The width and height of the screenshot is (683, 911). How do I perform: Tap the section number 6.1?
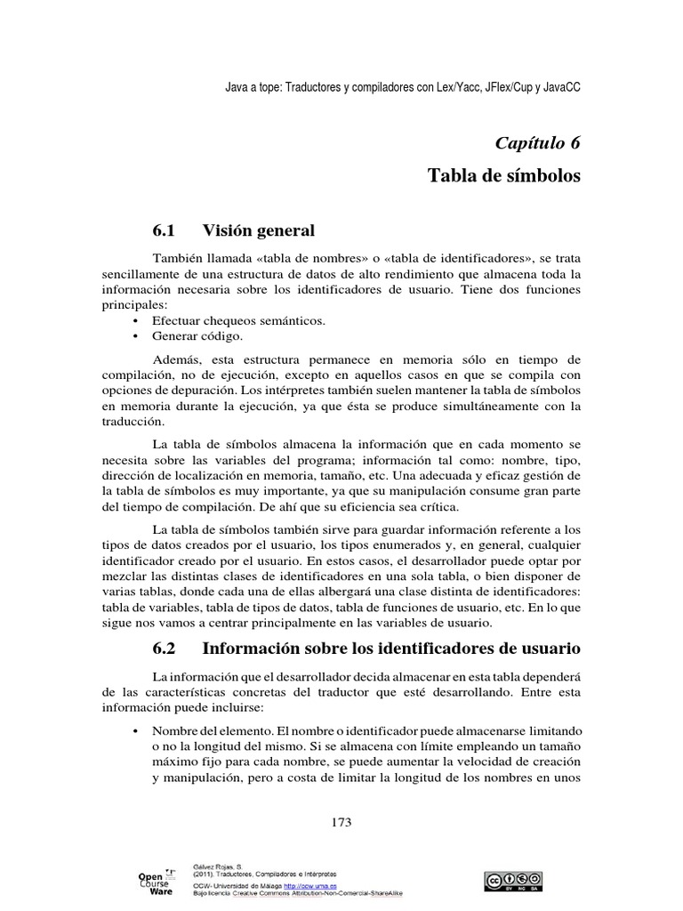point(165,231)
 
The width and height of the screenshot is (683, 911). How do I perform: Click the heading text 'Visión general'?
point(259,231)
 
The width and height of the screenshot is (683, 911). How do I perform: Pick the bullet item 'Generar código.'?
point(197,336)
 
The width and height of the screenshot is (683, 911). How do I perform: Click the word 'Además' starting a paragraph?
point(176,359)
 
